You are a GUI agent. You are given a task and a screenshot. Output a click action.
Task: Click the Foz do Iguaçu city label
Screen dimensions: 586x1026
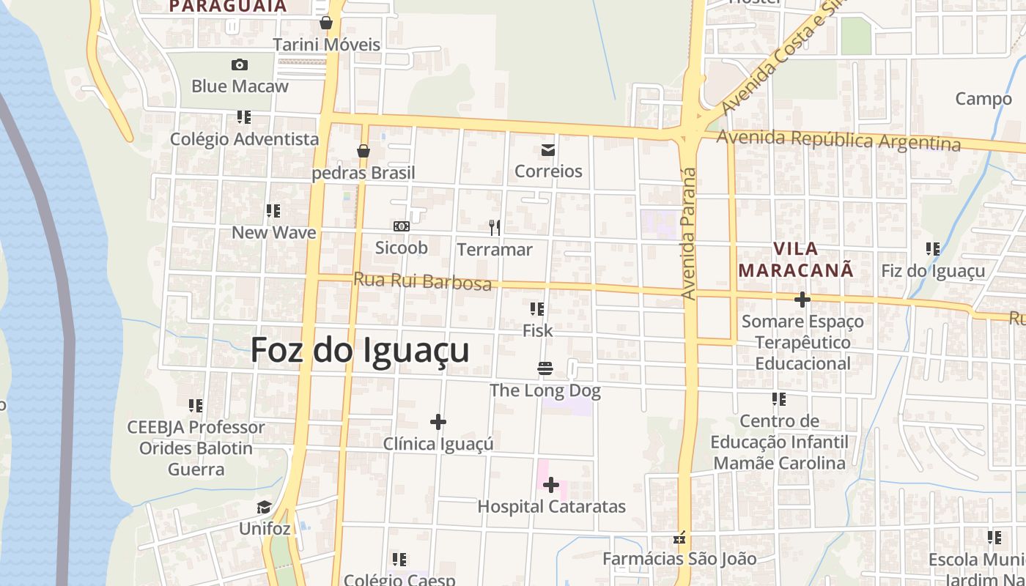click(360, 350)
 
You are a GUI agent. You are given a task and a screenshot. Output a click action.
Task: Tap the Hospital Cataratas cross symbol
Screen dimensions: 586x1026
click(551, 485)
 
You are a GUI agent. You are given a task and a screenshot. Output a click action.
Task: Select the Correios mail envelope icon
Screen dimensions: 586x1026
click(548, 150)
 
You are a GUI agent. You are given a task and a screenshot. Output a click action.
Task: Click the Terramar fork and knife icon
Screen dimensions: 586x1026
click(495, 228)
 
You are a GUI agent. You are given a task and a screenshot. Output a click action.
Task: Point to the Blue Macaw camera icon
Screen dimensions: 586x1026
click(240, 65)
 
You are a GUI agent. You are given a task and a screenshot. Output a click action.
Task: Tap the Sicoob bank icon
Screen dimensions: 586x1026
click(401, 226)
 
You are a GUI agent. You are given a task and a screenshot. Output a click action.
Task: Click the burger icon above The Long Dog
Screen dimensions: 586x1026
click(545, 368)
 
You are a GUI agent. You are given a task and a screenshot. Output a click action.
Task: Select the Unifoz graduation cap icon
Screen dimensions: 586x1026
click(264, 508)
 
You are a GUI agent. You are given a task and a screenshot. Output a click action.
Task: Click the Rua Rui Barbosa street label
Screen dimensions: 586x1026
click(422, 281)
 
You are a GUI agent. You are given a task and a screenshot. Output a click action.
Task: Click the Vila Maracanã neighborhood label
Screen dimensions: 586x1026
click(796, 259)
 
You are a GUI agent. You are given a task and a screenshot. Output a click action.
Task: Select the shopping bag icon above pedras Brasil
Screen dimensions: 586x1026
click(363, 151)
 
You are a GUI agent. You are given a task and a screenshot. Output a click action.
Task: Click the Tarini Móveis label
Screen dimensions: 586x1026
click(327, 45)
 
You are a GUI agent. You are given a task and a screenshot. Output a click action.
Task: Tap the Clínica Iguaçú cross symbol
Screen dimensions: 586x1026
click(438, 422)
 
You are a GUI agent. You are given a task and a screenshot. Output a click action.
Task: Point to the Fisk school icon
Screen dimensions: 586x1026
click(537, 309)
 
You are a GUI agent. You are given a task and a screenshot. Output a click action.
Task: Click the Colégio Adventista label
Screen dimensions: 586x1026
click(245, 139)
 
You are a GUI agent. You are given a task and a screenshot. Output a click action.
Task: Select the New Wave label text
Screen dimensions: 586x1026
click(274, 233)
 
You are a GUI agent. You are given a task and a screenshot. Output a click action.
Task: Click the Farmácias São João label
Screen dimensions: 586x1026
click(679, 559)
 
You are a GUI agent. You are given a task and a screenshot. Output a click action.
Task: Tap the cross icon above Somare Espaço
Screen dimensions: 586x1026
click(802, 300)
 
